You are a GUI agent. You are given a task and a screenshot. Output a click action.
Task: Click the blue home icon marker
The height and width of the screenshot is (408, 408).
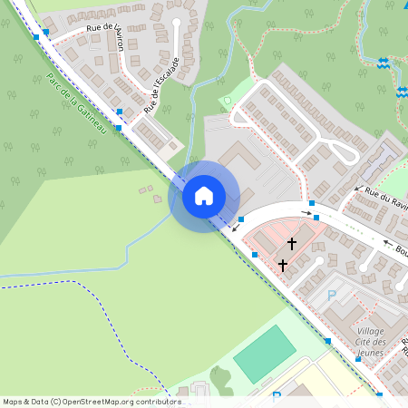tap(204, 196)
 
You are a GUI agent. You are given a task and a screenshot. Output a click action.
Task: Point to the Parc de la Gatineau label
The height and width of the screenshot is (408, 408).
tap(76, 105)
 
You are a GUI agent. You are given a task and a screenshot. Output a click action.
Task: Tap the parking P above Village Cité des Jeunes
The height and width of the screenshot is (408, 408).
tap(331, 295)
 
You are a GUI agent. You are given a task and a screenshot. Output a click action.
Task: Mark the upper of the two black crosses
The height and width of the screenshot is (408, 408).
tap(292, 243)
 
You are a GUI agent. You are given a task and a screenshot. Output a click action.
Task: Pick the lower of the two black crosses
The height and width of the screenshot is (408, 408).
tap(283, 265)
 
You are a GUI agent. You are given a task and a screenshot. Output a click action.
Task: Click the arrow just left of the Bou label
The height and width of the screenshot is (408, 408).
tap(388, 242)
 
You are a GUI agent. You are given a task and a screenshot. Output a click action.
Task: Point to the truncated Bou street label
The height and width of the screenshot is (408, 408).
tap(401, 252)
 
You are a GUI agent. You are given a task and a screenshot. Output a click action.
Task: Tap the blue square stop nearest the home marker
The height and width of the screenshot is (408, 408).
tap(241, 219)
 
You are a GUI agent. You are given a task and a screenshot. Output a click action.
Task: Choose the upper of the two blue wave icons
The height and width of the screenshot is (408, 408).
tap(384, 63)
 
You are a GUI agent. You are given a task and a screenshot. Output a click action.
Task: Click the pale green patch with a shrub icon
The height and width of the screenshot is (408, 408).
tap(226, 101)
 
